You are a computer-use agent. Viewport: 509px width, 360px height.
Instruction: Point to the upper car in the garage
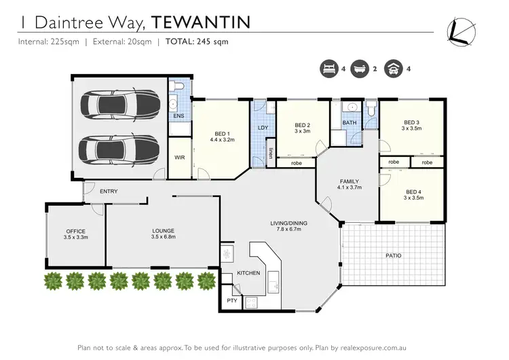(119, 105)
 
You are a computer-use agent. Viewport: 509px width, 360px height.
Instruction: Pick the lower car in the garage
(119, 147)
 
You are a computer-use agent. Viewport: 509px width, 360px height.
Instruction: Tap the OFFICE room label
(76, 235)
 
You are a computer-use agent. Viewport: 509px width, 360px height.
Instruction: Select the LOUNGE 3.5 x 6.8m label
(163, 235)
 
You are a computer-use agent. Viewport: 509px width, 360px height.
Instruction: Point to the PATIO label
(394, 256)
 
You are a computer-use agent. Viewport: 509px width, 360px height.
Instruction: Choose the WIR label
(179, 158)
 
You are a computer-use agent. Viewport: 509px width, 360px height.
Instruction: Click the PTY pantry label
(231, 300)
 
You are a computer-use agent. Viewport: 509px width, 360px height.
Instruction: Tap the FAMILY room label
(349, 184)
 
